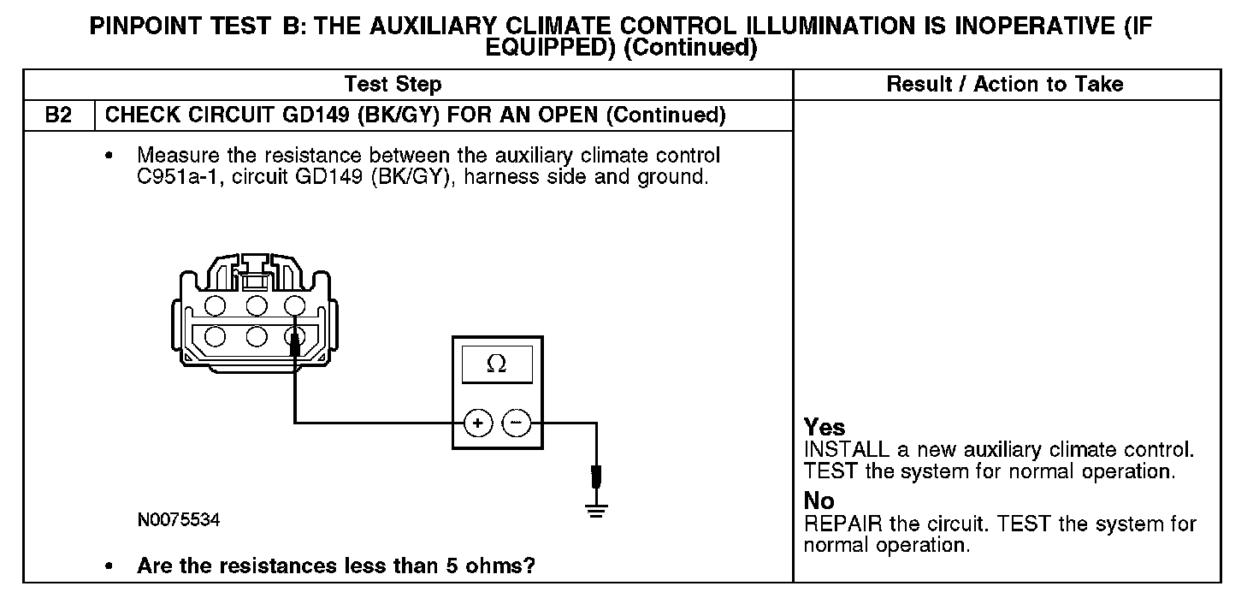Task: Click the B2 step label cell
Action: [x=58, y=115]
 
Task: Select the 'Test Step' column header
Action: [x=393, y=84]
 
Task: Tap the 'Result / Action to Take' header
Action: [x=1005, y=84]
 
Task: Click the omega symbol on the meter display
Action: [x=496, y=364]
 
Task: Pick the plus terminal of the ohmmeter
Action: [x=477, y=422]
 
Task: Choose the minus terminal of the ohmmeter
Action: [x=516, y=422]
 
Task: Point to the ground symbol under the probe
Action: [x=596, y=512]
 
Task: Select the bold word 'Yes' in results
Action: [x=825, y=428]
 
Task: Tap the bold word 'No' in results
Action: [x=819, y=501]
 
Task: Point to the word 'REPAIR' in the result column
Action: [x=841, y=524]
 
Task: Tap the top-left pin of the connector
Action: [x=215, y=305]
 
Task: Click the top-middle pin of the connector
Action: [x=254, y=305]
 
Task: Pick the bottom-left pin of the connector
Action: [x=215, y=336]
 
